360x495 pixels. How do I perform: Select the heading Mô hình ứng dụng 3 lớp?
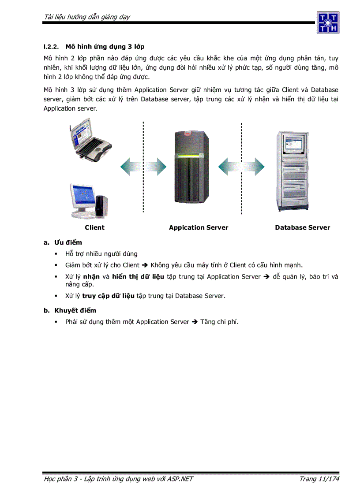(105, 46)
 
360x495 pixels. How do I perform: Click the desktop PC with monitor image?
(88, 200)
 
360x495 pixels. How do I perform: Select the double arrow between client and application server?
(143, 167)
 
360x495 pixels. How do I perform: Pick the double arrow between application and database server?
(241, 167)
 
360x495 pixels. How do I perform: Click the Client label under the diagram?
(94, 227)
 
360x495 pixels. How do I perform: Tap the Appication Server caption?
(199, 227)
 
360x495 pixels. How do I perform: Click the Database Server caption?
(302, 227)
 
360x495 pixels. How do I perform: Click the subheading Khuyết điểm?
(75, 310)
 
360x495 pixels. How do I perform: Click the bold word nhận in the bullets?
(91, 277)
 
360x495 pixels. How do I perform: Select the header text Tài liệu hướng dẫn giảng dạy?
(87, 17)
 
